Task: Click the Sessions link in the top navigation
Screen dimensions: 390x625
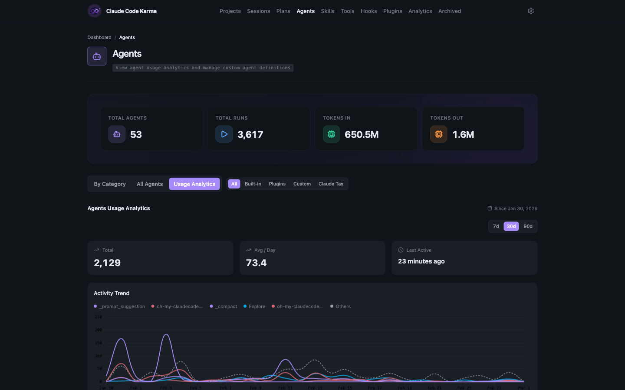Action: (x=258, y=11)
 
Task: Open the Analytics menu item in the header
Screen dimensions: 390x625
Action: (x=420, y=11)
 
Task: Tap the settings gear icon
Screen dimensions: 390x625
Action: (x=530, y=11)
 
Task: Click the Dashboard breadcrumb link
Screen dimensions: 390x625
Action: (x=99, y=37)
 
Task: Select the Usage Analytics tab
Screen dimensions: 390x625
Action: (x=194, y=184)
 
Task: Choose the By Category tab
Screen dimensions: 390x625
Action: (x=110, y=184)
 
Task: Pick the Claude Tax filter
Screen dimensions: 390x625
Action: (x=331, y=184)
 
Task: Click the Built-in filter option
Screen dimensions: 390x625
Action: (x=253, y=184)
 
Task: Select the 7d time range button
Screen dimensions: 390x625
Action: (x=496, y=226)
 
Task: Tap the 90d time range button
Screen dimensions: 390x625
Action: (x=528, y=226)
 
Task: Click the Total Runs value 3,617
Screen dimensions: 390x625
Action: (x=250, y=134)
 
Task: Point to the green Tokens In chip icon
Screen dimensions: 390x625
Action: (x=331, y=134)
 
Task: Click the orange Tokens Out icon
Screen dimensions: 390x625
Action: (x=438, y=134)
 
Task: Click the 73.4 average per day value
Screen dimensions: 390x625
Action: (x=256, y=263)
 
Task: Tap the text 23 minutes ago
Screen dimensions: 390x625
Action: (x=421, y=261)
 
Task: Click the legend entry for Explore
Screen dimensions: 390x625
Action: (x=257, y=306)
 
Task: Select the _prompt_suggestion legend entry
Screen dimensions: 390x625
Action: (x=122, y=306)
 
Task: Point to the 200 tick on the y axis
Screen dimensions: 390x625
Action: (x=99, y=330)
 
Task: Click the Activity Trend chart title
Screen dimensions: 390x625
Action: (x=112, y=293)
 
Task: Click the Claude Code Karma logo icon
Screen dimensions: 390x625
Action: (x=95, y=11)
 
